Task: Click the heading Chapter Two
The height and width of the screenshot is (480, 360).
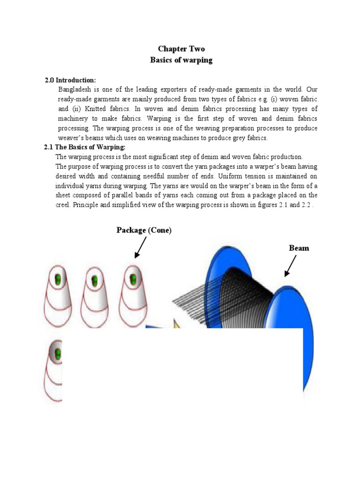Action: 181,49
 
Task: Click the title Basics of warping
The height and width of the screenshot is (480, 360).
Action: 181,60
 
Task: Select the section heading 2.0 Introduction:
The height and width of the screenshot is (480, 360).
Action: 70,80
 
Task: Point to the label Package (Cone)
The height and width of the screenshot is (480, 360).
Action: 144,230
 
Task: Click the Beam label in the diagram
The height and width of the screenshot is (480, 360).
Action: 299,248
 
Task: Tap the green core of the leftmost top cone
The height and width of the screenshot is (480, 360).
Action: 58,279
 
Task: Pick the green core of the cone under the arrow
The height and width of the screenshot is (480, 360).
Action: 132,279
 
